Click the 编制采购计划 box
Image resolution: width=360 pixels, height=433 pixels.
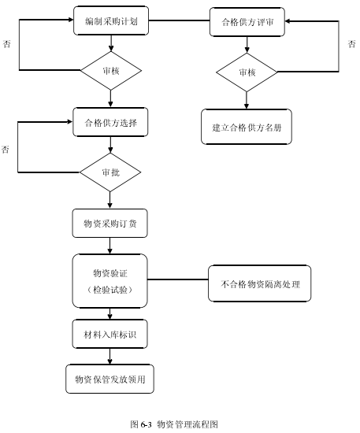[x=111, y=21]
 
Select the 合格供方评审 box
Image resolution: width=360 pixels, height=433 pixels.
[x=247, y=22]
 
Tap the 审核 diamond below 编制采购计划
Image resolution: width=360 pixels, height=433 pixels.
[x=111, y=71]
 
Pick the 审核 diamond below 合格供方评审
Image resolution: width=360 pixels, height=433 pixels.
[x=247, y=72]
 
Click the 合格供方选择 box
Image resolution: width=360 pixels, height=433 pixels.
[x=110, y=122]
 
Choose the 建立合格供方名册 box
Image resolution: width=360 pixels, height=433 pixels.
[x=247, y=127]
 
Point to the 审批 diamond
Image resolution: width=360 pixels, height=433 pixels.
[x=110, y=172]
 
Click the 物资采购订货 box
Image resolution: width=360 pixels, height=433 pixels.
[x=109, y=223]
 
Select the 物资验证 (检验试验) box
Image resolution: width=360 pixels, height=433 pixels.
[x=109, y=281]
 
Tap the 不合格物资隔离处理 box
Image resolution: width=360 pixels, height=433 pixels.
[x=259, y=283]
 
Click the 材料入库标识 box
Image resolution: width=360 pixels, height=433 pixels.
[x=109, y=334]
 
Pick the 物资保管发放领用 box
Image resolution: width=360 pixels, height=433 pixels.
[x=109, y=379]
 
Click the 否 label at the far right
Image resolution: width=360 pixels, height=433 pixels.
[x=351, y=44]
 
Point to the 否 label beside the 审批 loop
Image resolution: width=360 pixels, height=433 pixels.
[x=6, y=150]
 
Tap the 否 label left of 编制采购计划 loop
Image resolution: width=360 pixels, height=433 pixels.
[x=6, y=44]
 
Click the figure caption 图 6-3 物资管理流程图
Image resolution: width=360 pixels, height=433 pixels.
[x=174, y=424]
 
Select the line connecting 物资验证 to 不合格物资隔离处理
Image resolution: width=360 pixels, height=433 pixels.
[x=178, y=279]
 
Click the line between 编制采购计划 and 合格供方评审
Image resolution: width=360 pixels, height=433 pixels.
[x=179, y=20]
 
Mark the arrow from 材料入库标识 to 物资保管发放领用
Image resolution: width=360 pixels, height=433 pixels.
[x=109, y=356]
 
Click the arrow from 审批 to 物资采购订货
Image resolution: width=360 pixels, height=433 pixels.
[x=109, y=200]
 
